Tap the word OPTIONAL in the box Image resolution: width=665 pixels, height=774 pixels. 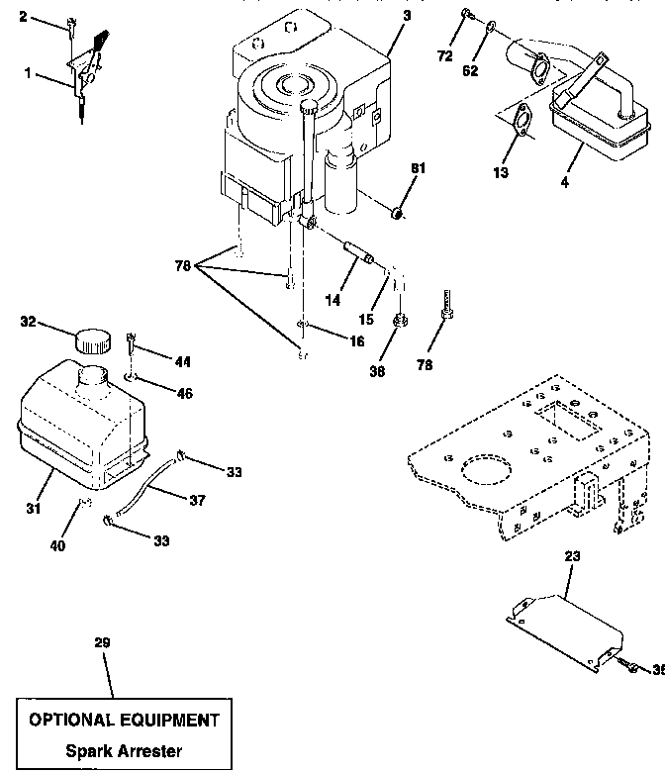tap(71, 720)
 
